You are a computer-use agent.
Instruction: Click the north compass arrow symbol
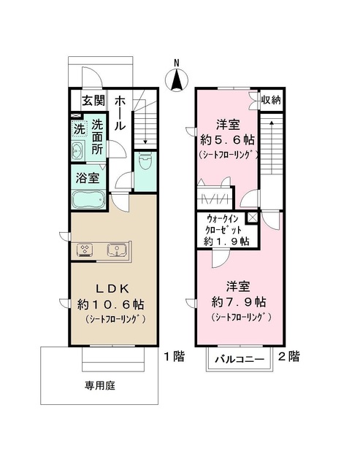[176, 79]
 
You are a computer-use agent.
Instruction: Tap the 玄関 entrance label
[93, 101]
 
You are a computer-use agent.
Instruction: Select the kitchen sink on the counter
[116, 250]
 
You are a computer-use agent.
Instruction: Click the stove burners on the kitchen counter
[85, 250]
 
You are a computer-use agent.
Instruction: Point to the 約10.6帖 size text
[112, 304]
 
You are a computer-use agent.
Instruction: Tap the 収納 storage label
[272, 99]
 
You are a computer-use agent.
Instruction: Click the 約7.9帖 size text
[240, 301]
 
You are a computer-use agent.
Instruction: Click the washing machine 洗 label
[78, 130]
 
